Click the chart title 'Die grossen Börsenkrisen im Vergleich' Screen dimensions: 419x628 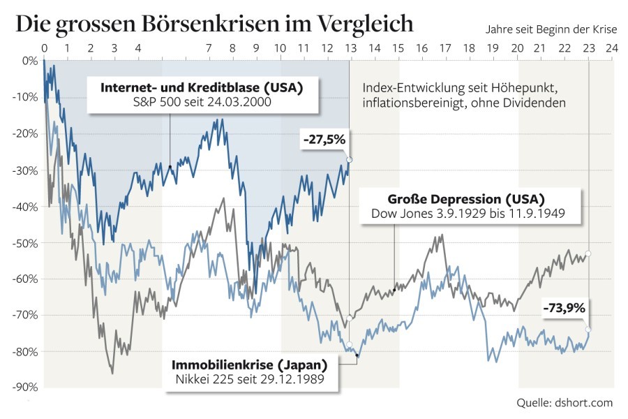tap(214, 23)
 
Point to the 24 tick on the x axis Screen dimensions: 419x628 tap(611, 49)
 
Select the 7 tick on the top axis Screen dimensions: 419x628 tap(209, 49)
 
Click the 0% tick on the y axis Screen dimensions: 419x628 tap(29, 61)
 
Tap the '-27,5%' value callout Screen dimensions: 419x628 tap(324, 140)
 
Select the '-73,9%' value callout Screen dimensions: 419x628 tap(564, 306)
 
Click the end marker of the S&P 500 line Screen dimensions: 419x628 tap(349, 160)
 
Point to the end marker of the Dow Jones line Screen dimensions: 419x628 tap(588, 253)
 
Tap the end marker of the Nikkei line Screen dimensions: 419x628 tap(588, 329)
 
